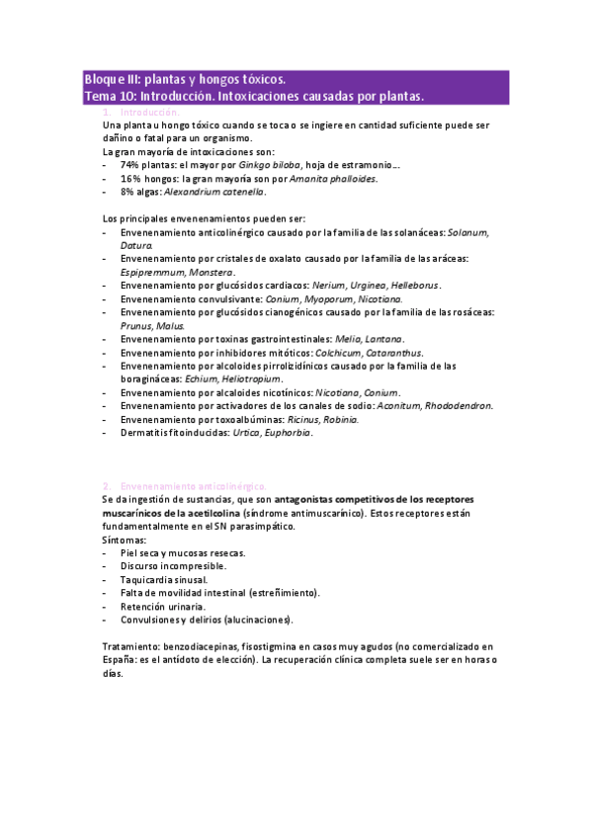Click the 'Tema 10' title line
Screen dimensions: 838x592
(x=253, y=96)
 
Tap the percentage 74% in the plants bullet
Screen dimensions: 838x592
(x=131, y=166)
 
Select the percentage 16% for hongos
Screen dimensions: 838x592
(x=131, y=179)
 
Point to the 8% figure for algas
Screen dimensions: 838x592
(x=128, y=192)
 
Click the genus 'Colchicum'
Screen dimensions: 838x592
(x=341, y=352)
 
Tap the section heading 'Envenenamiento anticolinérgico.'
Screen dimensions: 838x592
(x=193, y=486)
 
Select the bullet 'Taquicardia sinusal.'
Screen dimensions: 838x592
(x=164, y=579)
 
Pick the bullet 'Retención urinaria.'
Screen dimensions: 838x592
(x=163, y=606)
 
